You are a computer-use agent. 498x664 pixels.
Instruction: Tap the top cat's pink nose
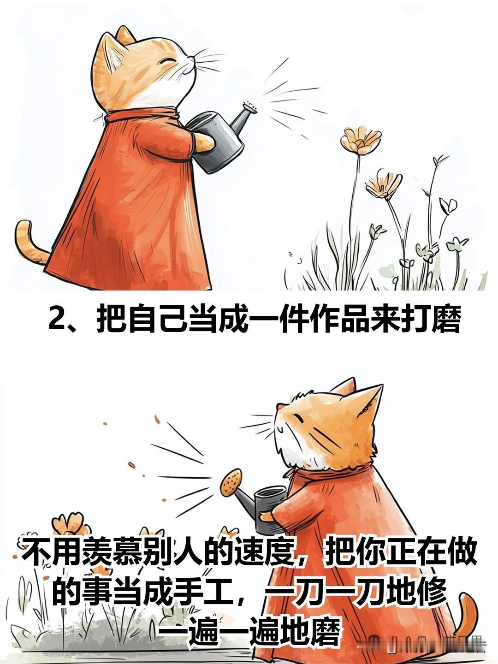point(191,59)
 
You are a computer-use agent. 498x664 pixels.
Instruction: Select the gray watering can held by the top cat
point(221,136)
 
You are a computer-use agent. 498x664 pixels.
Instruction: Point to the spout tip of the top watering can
point(251,107)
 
